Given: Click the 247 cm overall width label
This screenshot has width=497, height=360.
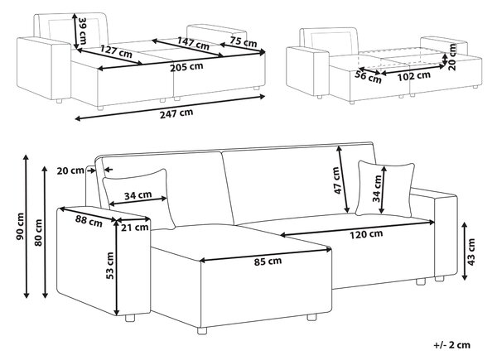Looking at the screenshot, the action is pos(176,113).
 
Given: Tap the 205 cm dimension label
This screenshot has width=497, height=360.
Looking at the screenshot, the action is pos(186,67).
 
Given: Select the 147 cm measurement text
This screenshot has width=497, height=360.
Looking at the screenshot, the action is pos(193,43).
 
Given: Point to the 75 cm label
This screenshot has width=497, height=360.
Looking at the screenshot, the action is pos(244,41).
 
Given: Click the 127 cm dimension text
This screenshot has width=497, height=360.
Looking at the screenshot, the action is pos(116,51).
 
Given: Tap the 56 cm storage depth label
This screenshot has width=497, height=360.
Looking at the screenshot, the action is pos(368,77).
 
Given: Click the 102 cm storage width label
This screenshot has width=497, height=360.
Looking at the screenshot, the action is pos(414,75).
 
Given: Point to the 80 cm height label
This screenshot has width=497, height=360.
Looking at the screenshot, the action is pos(38,233).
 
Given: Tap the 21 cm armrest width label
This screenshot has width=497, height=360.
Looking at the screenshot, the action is pos(135,227).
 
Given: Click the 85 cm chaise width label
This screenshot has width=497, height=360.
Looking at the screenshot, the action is pos(268,262).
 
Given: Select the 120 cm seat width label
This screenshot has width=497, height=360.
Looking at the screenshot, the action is pos(366,234).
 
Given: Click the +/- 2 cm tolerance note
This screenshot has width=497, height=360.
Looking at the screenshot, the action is pos(452,345).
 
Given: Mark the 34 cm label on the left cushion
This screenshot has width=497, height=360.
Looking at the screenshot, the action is pos(138,195).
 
